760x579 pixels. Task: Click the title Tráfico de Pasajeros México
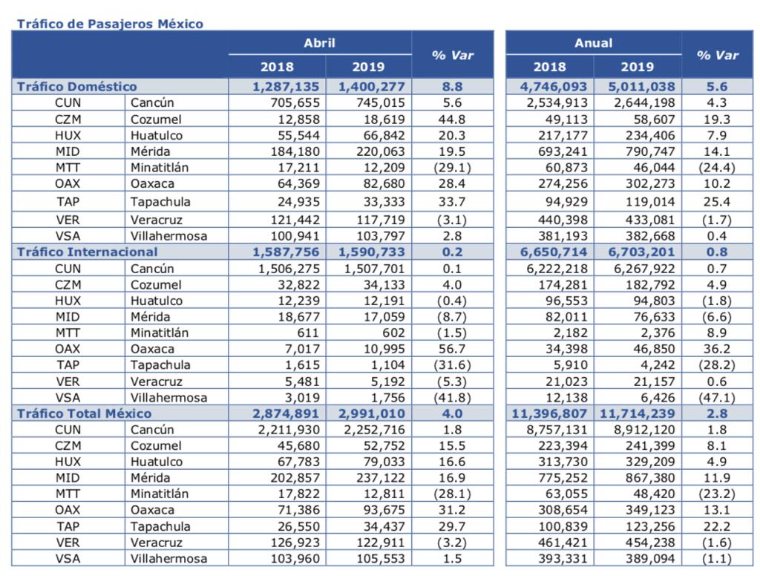pyautogui.click(x=110, y=24)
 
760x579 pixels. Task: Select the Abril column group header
pyautogui.click(x=319, y=43)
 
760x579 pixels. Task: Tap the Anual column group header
pyautogui.click(x=593, y=43)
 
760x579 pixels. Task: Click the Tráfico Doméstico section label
pyautogui.click(x=77, y=86)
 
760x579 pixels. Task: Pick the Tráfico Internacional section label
pyautogui.click(x=88, y=252)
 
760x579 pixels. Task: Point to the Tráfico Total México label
pyautogui.click(x=85, y=413)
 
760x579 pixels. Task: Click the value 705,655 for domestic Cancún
pyautogui.click(x=295, y=102)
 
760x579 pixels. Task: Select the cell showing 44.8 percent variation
pyautogui.click(x=452, y=120)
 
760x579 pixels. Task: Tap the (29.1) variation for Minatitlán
pyautogui.click(x=452, y=167)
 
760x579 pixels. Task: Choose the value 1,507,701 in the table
pyautogui.click(x=374, y=269)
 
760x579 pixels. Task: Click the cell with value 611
pyautogui.click(x=308, y=333)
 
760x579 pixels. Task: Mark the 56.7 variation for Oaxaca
pyautogui.click(x=452, y=349)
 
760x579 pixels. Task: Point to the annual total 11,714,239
pyautogui.click(x=638, y=413)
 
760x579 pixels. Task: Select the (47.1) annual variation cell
pyautogui.click(x=717, y=398)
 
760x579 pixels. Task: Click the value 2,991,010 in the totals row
pyautogui.click(x=371, y=413)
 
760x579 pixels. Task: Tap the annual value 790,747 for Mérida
pyautogui.click(x=650, y=151)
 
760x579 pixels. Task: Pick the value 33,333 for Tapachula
pyautogui.click(x=384, y=202)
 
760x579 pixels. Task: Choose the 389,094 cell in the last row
pyautogui.click(x=650, y=559)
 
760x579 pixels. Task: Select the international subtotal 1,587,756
pyautogui.click(x=286, y=252)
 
